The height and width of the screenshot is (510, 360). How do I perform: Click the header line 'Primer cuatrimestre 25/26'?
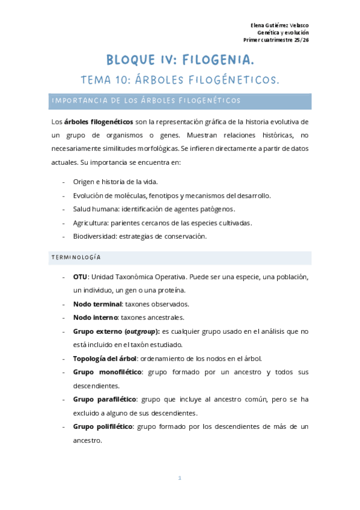point(276,40)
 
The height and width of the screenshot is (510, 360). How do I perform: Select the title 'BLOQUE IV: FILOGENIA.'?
point(180,60)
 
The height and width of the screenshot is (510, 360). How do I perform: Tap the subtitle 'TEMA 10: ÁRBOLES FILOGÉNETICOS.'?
point(180,80)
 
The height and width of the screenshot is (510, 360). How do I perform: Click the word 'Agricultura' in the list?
point(92,223)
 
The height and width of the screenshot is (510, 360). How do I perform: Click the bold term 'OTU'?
point(80,277)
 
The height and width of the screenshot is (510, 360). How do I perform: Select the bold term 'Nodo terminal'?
point(97,304)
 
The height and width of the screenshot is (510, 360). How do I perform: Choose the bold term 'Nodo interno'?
point(95,318)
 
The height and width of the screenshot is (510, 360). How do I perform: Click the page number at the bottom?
point(180,478)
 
